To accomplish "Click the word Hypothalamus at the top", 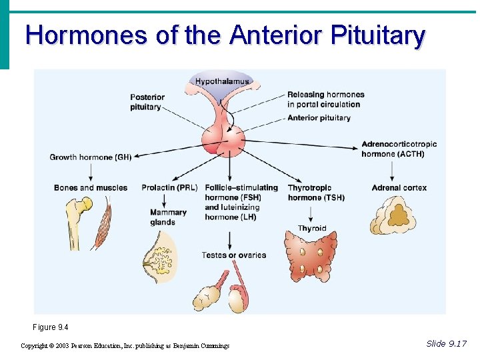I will tap(222, 81).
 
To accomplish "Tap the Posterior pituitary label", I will tap(147, 102).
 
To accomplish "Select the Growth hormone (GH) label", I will tap(91, 157).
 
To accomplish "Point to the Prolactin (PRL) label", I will tap(169, 188).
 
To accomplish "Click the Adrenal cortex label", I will tap(399, 188).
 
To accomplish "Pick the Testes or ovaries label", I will tap(233, 255).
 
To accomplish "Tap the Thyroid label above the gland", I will tap(312, 229).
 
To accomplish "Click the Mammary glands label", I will tap(168, 217).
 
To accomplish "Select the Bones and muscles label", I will tap(90, 188).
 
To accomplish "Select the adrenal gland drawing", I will tap(393, 217).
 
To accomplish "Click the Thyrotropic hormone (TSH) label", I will tap(316, 193).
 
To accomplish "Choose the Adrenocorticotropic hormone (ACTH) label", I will tap(399, 149).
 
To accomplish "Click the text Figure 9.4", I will tap(50, 327).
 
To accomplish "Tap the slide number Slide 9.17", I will tap(446, 343).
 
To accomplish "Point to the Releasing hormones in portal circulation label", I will tap(325, 99).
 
